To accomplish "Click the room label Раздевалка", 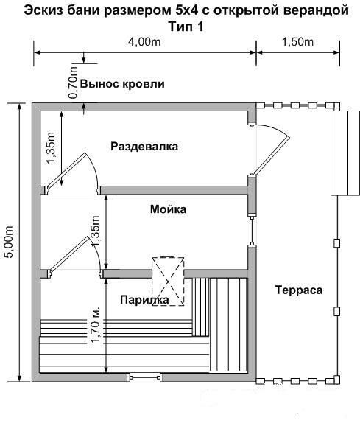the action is pyautogui.click(x=144, y=147).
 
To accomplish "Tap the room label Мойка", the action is pyautogui.click(x=168, y=209).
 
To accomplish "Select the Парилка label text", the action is pyautogui.click(x=144, y=300).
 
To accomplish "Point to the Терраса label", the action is pyautogui.click(x=299, y=290).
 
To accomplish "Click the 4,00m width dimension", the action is pyautogui.click(x=144, y=42).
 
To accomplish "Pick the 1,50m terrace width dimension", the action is pyautogui.click(x=297, y=42).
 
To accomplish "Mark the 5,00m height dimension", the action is pyautogui.click(x=10, y=242).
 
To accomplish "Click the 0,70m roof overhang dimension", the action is pyautogui.click(x=73, y=83).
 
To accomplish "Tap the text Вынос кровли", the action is pyautogui.click(x=122, y=84).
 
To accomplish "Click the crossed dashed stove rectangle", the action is pyautogui.click(x=168, y=282).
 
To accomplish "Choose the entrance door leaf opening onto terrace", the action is pyautogui.click(x=271, y=155).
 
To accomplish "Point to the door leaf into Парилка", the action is pyautogui.click(x=69, y=254).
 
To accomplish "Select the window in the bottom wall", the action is pyautogui.click(x=145, y=377).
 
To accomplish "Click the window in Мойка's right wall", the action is pyautogui.click(x=252, y=230).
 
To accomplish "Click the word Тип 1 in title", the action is pyautogui.click(x=186, y=27).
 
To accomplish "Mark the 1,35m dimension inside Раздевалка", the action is pyautogui.click(x=51, y=147).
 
